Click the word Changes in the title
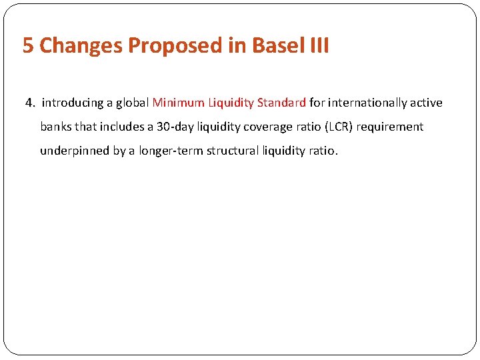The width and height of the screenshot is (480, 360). click(81, 46)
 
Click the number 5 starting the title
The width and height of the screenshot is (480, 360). click(28, 46)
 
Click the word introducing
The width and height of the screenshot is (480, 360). click(72, 103)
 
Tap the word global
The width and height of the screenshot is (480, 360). click(132, 103)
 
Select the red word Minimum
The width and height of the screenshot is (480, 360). click(178, 103)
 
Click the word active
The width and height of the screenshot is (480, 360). click(427, 103)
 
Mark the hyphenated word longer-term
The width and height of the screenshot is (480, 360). click(171, 151)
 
